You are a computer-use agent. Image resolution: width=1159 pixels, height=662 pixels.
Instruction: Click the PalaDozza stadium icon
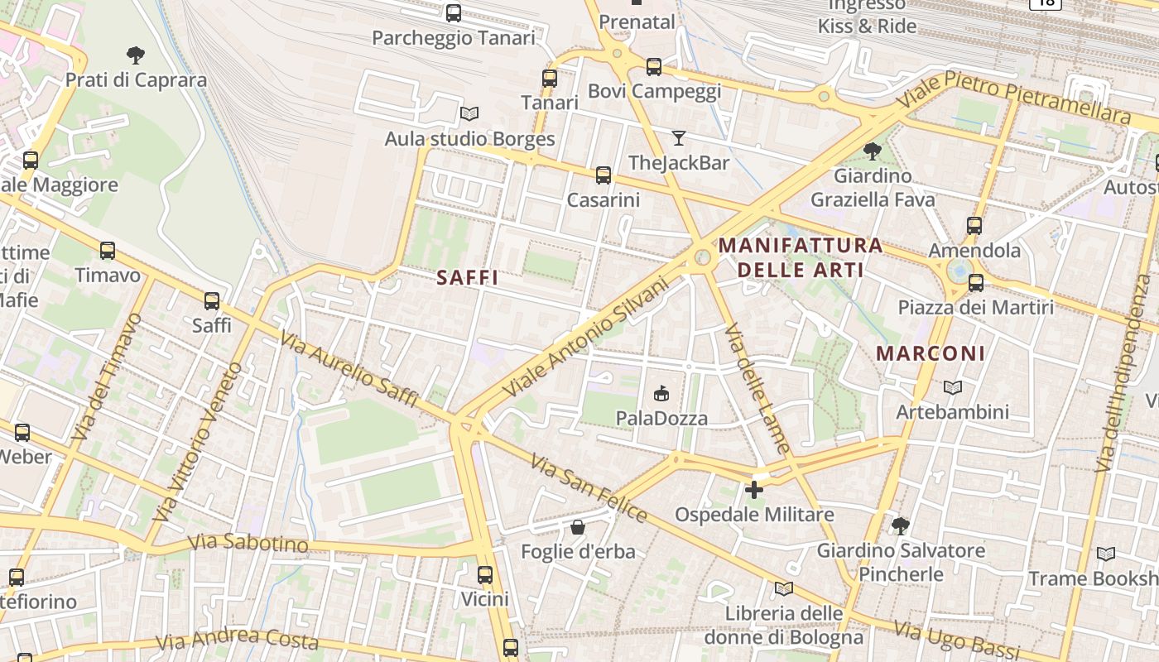coord(661,394)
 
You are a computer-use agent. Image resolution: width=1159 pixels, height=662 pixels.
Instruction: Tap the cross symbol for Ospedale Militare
coord(753,490)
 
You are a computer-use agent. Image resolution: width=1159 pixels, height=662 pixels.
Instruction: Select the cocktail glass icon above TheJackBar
coord(679,138)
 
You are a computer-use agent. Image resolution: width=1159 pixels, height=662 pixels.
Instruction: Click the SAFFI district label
coord(468,278)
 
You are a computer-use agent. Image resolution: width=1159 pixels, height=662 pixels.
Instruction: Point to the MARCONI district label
coord(931,353)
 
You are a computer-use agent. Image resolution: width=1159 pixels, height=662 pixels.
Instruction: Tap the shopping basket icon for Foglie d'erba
coord(578,527)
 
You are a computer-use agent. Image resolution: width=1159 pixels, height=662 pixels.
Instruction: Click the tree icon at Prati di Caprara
coord(136,55)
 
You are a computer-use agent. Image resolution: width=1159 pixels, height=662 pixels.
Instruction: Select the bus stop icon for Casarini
coord(604,175)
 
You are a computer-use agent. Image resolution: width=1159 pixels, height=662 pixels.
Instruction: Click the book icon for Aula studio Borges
coord(469,114)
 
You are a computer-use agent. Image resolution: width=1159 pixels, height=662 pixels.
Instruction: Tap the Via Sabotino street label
coord(248,544)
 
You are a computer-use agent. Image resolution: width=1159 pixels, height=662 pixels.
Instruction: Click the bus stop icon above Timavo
coord(108,251)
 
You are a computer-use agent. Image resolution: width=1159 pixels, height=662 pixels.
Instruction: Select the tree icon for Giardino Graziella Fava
coord(872,151)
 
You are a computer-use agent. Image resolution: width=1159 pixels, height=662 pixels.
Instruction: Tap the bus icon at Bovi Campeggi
coord(654,67)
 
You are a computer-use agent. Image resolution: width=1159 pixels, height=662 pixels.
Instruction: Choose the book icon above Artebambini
coord(953,387)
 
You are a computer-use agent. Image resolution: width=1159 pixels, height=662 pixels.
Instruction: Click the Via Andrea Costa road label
coord(238,640)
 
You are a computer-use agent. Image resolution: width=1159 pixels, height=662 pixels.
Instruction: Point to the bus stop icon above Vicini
coord(485,574)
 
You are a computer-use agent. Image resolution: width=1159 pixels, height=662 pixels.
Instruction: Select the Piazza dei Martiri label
coord(976,308)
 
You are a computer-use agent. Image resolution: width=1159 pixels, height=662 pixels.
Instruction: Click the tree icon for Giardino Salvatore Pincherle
coord(901,525)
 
